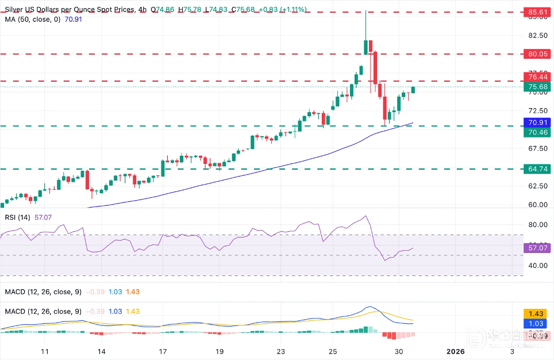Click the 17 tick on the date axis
click(163, 351)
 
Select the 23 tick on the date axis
click(280, 351)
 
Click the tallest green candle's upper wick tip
click(366, 11)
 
